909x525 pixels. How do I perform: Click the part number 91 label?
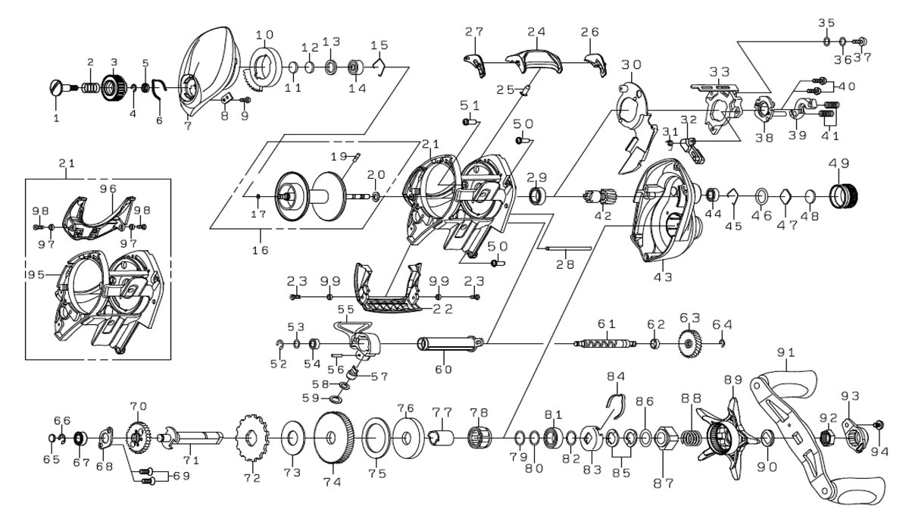click(x=786, y=352)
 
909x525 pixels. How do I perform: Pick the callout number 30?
click(x=632, y=64)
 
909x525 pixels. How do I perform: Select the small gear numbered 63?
click(x=689, y=343)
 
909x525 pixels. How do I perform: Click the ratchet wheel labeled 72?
click(x=251, y=439)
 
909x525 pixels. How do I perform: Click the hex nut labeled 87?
click(x=661, y=438)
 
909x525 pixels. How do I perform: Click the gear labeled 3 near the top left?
click(x=112, y=89)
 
